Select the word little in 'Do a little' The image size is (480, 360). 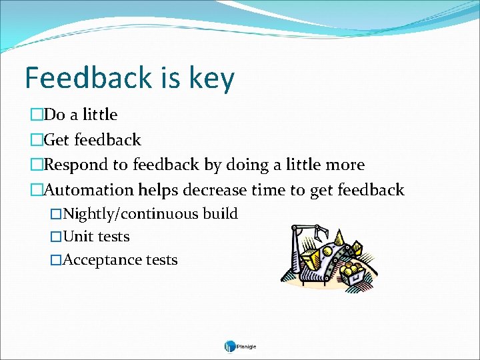(x=99, y=115)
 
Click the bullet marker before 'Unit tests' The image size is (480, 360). (x=56, y=237)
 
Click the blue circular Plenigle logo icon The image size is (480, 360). (x=230, y=346)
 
